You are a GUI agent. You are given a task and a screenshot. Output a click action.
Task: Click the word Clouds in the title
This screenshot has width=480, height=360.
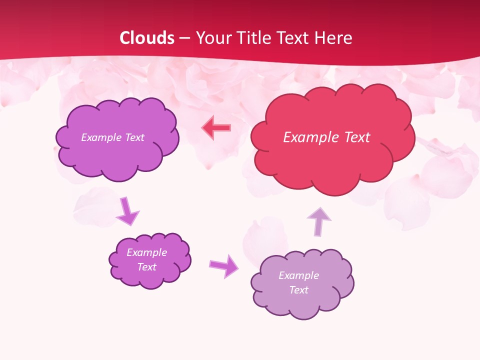tap(147, 38)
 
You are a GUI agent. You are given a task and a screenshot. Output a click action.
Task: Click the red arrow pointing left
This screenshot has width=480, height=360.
tap(216, 128)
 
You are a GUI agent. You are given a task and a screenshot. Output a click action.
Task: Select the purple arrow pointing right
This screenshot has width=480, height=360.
tap(224, 265)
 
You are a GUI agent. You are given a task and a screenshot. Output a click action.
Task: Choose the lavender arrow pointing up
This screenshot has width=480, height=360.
tap(318, 221)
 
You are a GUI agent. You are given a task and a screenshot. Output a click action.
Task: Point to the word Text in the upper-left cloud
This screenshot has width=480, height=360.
tap(134, 137)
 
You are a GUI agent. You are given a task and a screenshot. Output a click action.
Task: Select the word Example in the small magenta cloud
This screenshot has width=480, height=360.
tap(146, 252)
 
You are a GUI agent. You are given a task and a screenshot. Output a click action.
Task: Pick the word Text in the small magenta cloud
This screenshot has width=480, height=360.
tap(146, 267)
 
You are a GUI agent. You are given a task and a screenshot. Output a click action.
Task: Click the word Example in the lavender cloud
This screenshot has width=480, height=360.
tap(298, 275)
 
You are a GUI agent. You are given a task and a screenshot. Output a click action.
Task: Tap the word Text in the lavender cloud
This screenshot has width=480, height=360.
tap(298, 290)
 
